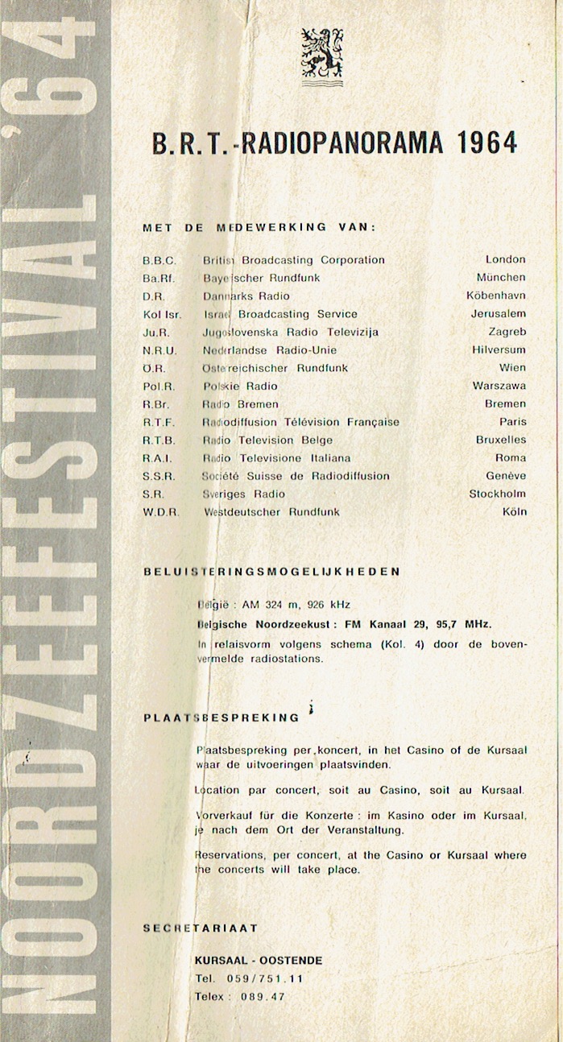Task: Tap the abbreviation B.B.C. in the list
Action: point(159,260)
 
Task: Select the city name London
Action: point(505,259)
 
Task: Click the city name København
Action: point(496,296)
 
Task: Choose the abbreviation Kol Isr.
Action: point(162,314)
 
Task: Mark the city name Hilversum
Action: point(499,349)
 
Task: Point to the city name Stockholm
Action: point(497,494)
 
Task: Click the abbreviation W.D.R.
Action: point(161,512)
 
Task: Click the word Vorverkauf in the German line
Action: point(223,816)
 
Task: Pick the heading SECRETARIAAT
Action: point(200,928)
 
